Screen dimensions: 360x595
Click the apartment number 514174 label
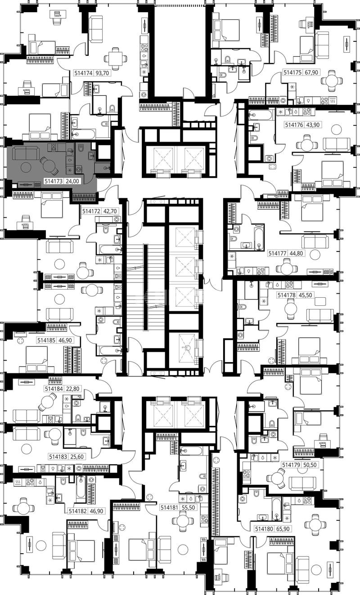pyautogui.click(x=84, y=73)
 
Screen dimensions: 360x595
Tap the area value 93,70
pyautogui.click(x=102, y=73)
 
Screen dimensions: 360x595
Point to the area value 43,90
pyautogui.click(x=313, y=125)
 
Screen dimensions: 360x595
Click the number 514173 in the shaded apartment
pyautogui.click(x=54, y=181)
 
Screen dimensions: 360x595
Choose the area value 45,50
pyautogui.click(x=305, y=295)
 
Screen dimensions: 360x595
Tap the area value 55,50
pyautogui.click(x=189, y=508)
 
